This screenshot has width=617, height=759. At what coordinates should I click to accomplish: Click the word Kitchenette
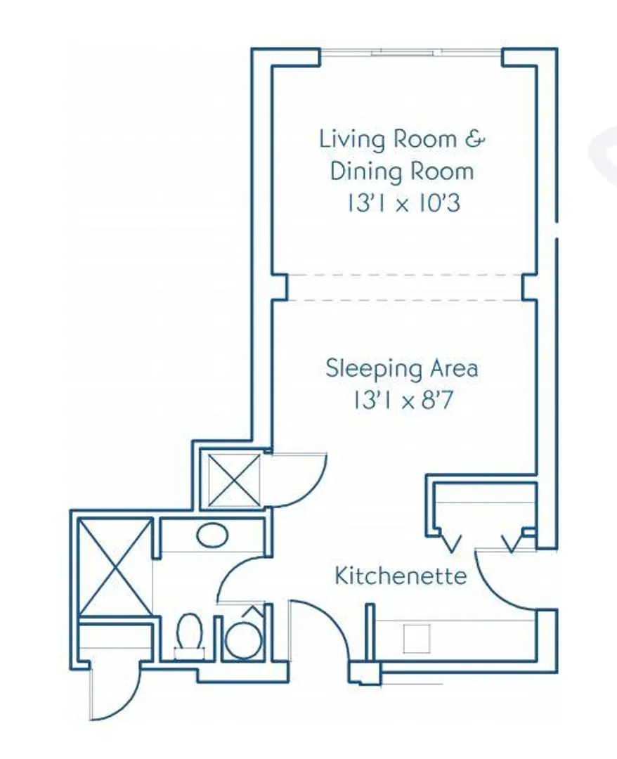coord(401,576)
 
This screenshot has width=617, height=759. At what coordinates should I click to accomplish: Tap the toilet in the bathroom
coord(189,636)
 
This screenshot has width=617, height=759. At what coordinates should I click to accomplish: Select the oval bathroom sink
coord(212,536)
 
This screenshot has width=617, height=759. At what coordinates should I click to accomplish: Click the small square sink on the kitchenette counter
coord(417,638)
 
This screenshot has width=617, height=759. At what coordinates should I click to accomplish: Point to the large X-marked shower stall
coord(115,567)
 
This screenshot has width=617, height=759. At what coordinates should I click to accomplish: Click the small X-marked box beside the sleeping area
coord(234,479)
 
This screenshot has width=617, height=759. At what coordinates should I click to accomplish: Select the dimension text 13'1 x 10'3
coord(403,203)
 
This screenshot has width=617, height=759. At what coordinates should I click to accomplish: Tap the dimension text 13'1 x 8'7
coord(403,401)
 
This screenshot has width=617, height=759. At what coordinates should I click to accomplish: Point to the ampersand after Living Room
coord(474,139)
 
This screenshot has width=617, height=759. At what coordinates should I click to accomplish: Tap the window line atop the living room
coord(410,52)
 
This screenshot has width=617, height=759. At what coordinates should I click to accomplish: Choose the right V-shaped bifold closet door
coord(514,542)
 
